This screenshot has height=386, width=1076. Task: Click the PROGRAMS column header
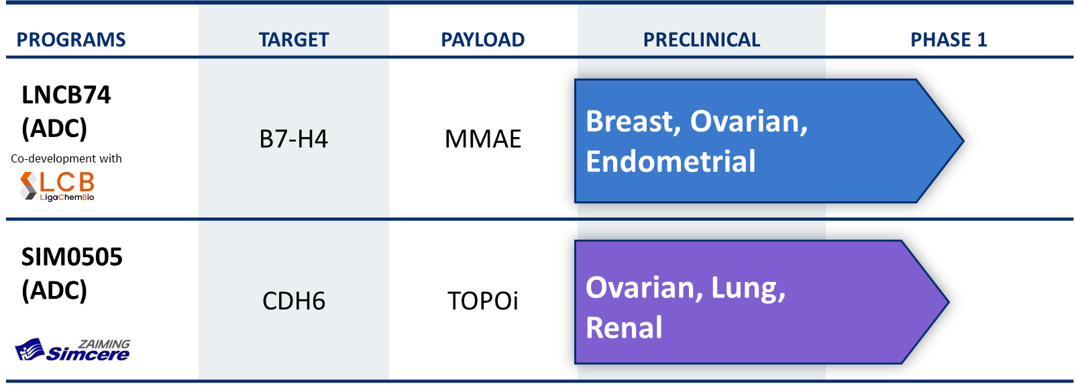tap(71, 40)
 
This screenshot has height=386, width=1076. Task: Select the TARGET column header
tap(294, 40)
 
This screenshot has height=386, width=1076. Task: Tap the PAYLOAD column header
tap(483, 40)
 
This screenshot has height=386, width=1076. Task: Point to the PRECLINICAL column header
tap(702, 40)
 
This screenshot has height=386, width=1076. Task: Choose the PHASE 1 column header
tap(949, 40)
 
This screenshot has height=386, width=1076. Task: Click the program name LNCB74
tap(66, 95)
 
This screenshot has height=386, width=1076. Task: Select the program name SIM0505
tap(72, 256)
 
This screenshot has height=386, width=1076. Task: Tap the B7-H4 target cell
tap(294, 139)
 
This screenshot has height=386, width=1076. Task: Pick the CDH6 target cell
tap(294, 301)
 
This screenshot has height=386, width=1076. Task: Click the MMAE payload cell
tap(483, 139)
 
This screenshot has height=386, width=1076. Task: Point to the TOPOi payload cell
tap(483, 301)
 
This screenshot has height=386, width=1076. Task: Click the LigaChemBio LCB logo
tap(57, 186)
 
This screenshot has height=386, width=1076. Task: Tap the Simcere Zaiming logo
tap(72, 350)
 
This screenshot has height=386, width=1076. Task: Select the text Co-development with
tap(66, 158)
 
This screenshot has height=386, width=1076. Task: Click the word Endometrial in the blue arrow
tap(671, 161)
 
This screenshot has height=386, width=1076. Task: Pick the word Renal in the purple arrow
tap(624, 328)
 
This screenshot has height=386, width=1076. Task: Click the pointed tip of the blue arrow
tap(963, 141)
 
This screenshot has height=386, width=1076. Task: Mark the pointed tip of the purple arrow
tap(949, 302)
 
